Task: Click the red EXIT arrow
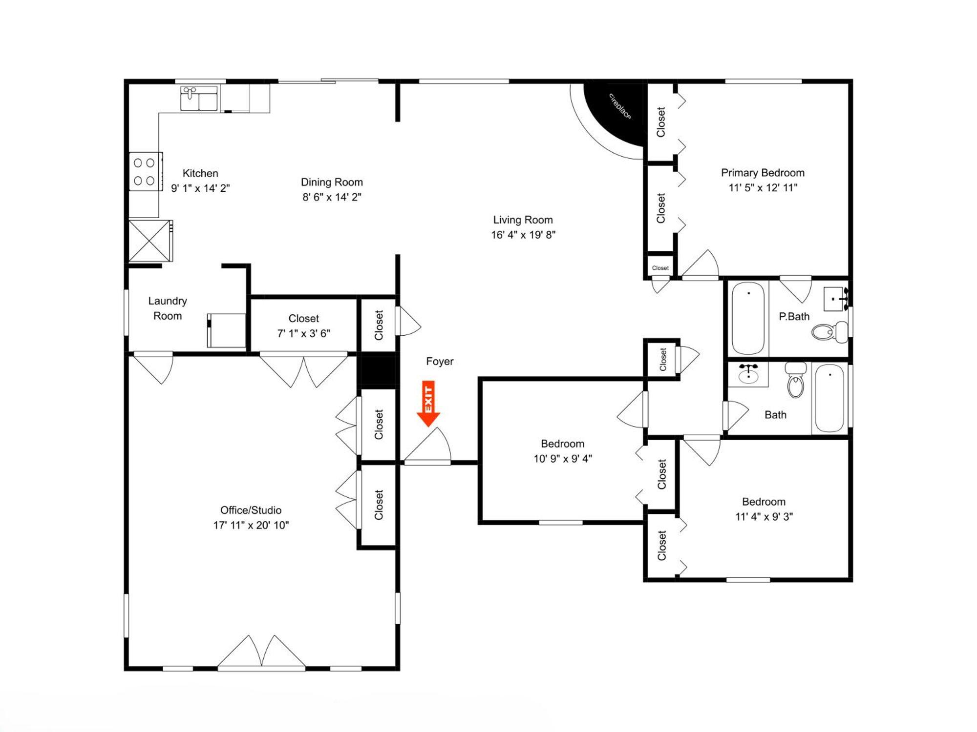428,404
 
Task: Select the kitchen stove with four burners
145,171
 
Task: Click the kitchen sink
199,99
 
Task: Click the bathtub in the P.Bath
748,318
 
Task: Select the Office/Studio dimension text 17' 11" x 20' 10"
251,525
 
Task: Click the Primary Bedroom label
763,173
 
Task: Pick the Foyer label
440,362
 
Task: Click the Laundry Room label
168,308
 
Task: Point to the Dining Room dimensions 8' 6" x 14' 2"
332,197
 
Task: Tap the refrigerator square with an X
150,241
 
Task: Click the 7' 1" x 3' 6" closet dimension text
304,333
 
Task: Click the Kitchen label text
200,173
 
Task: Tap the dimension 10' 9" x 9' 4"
563,459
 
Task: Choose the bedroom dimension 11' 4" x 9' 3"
764,516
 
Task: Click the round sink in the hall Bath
748,375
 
